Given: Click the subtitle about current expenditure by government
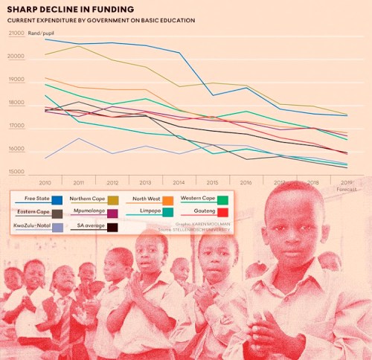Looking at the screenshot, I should click(x=101, y=20).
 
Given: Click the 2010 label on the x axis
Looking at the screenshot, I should click(x=45, y=182).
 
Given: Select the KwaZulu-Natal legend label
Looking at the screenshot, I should click(x=30, y=225).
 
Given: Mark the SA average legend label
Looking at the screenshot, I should click(x=91, y=225).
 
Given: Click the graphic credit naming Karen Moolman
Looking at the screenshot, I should click(x=204, y=222).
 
